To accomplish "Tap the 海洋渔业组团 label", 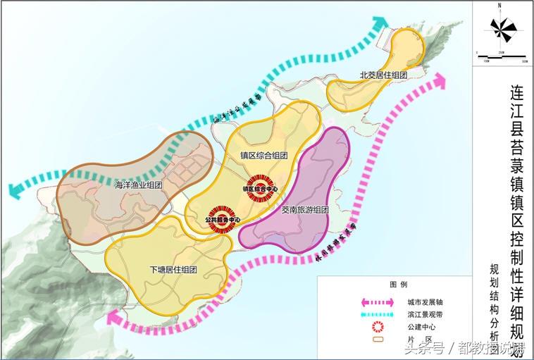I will pyautogui.click(x=138, y=185).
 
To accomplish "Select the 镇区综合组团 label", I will pyautogui.click(x=263, y=156).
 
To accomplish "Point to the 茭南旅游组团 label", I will pyautogui.click(x=305, y=209).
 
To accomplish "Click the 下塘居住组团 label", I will pyautogui.click(x=173, y=270).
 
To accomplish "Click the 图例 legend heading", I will pyautogui.click(x=399, y=285).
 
